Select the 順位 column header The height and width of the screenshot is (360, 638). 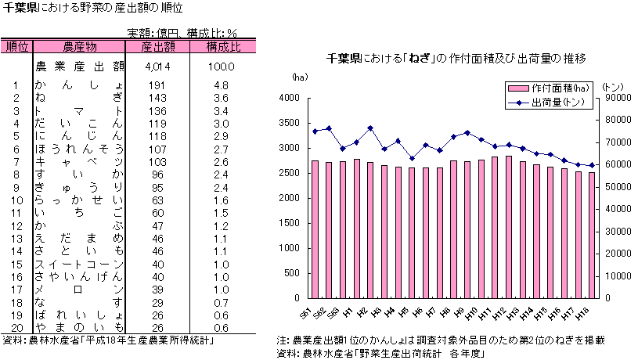(x=16, y=47)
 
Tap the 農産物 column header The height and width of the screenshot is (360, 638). (x=80, y=47)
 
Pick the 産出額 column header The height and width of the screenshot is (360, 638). (x=157, y=47)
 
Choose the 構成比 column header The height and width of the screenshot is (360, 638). (x=223, y=47)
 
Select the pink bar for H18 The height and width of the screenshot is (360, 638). (x=592, y=235)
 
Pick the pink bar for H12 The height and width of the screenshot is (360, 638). (x=509, y=227)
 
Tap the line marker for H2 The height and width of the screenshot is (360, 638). (x=370, y=128)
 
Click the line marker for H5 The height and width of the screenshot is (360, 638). (x=412, y=158)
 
